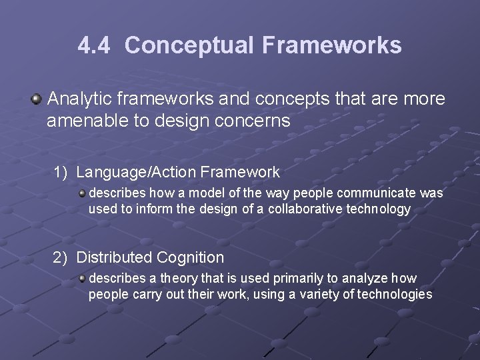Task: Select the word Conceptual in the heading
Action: point(189,45)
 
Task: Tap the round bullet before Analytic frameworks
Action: point(36,100)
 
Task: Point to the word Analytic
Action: point(79,99)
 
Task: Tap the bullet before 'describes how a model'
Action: point(82,193)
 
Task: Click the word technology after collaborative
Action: point(377,209)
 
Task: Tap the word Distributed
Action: point(114,257)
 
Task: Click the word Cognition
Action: point(190,257)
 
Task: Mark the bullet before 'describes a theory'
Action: point(82,279)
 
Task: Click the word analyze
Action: point(366,279)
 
